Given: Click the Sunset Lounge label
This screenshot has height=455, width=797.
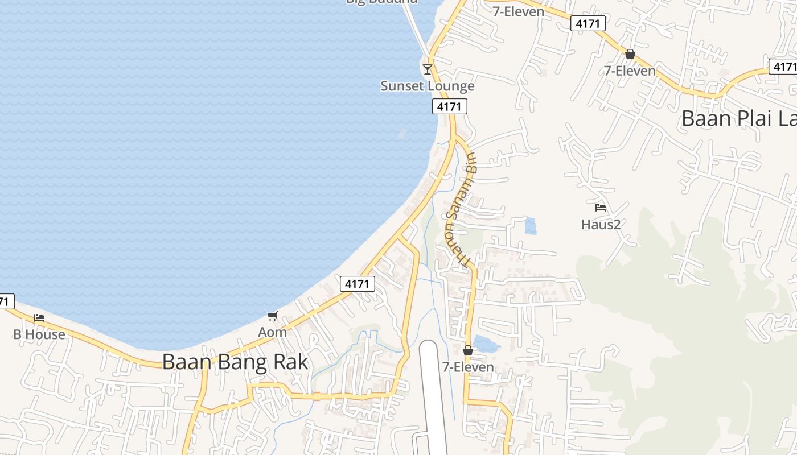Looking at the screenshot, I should click(x=427, y=86).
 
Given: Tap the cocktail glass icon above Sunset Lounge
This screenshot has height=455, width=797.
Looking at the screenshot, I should click(x=428, y=69).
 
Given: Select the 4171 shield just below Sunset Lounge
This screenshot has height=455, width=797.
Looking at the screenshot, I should click(x=450, y=106).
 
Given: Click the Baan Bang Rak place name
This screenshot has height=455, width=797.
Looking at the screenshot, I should click(x=235, y=362).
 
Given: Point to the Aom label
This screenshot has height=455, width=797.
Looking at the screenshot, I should click(x=273, y=332).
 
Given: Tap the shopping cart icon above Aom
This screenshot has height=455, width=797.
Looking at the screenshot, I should click(x=272, y=316).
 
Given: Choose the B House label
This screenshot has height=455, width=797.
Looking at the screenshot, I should click(x=39, y=334).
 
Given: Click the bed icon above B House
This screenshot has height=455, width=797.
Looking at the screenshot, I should click(x=39, y=317).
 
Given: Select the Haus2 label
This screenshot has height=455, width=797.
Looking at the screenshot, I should click(x=601, y=224).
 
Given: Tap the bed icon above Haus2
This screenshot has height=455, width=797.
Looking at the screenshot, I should click(x=601, y=208).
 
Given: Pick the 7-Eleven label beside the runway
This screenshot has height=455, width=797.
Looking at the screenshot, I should click(x=468, y=367).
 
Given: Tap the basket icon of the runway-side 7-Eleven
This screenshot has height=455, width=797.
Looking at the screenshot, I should click(x=468, y=350).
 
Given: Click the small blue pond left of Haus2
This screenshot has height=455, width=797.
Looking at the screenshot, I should click(x=530, y=226).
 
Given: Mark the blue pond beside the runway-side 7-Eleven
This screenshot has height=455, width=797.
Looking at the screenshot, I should click(x=487, y=344).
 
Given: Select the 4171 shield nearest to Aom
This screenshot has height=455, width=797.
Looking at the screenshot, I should click(x=358, y=284).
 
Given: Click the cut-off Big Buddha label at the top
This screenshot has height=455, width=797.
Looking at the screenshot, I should click(x=381, y=2).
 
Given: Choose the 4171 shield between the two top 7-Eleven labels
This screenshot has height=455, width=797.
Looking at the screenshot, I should click(x=588, y=23).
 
